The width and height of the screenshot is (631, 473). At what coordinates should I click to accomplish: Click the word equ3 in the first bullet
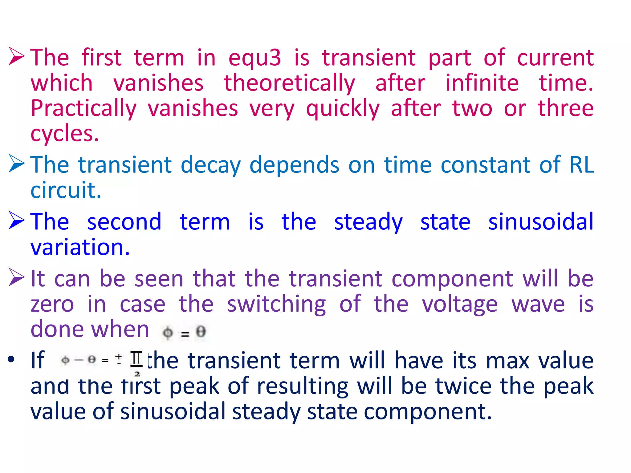(x=254, y=58)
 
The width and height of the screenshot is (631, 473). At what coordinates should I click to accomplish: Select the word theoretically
(x=289, y=83)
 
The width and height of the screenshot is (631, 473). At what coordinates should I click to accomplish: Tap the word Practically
(x=83, y=109)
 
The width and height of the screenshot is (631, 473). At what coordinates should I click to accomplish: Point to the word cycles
(x=64, y=134)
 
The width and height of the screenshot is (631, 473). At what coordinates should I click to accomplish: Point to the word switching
(x=276, y=304)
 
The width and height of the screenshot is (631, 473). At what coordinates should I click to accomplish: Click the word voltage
(x=459, y=304)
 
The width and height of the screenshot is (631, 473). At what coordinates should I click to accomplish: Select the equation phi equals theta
(x=184, y=333)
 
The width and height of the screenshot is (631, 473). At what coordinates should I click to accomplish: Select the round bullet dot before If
(x=11, y=359)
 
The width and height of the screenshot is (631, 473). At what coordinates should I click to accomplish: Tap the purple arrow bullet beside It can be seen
(x=16, y=277)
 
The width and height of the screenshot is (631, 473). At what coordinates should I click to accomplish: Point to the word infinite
(x=482, y=83)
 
